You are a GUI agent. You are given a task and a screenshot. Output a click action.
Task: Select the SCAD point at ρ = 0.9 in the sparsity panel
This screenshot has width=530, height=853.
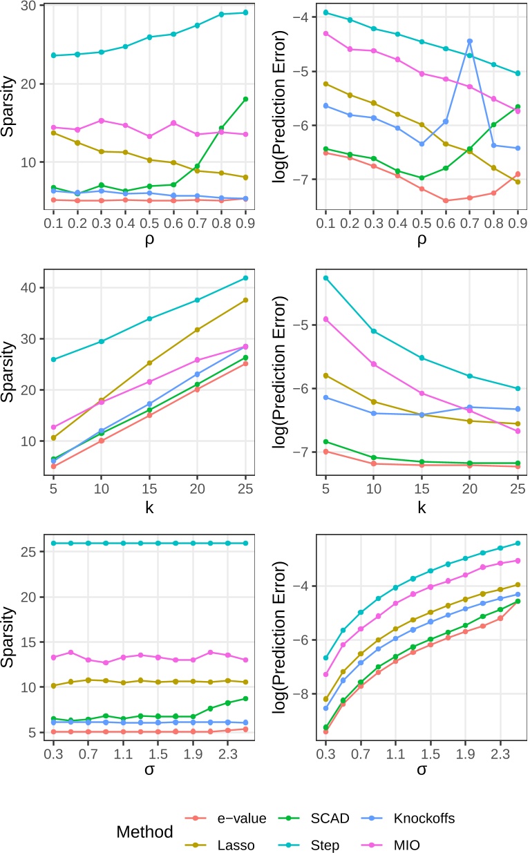point(245,99)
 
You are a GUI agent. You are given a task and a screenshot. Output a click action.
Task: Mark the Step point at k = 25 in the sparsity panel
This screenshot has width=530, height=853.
point(245,278)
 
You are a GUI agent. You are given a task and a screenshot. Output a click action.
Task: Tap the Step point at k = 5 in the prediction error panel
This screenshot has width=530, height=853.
point(325,278)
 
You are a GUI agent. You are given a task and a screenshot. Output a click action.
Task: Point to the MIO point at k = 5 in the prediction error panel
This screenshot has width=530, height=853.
point(325,319)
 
